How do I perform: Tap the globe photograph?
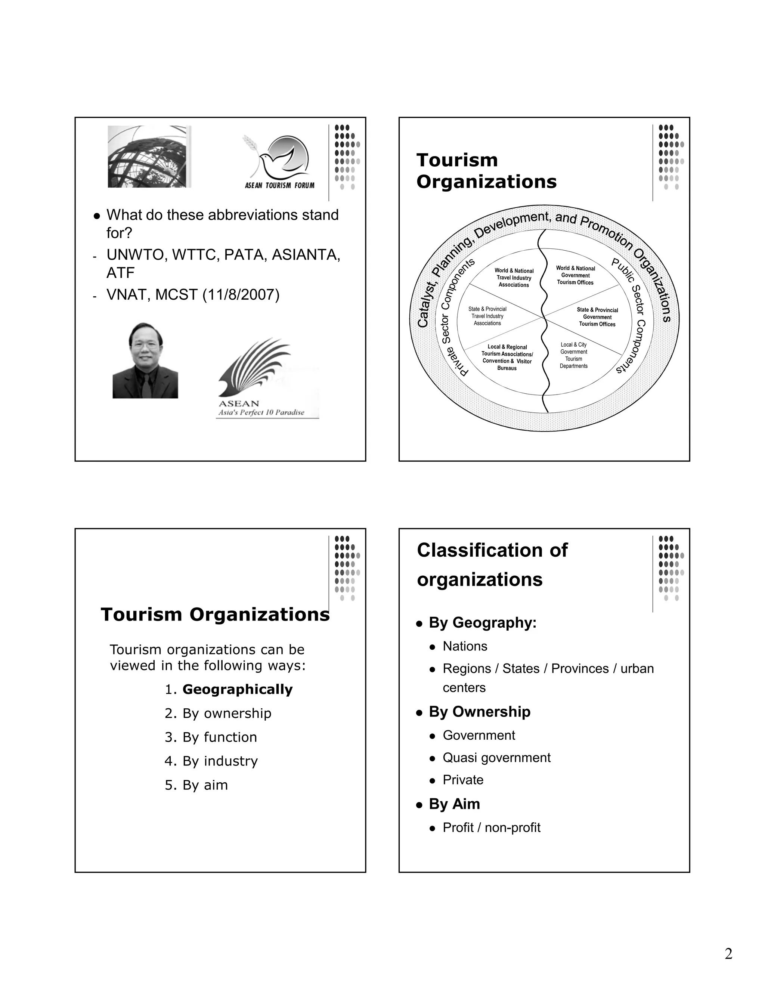pos(148,157)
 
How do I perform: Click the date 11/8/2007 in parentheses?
pos(241,295)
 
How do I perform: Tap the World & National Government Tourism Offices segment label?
pos(575,275)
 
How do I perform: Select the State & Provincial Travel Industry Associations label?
pos(487,316)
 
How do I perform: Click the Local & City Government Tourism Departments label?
pos(573,355)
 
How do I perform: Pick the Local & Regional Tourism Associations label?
pos(507,357)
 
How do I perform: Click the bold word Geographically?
pos(238,690)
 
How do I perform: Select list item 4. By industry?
pos(211,761)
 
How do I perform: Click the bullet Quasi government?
pos(496,758)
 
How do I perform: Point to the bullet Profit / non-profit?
pos(491,828)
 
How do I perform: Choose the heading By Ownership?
pos(480,712)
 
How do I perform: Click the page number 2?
pos(728,954)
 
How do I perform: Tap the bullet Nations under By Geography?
pos(465,646)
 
